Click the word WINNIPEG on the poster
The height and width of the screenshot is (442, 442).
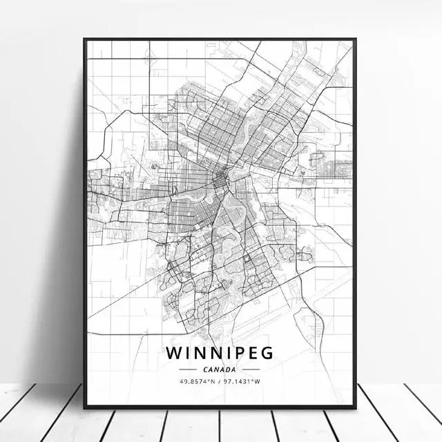pos(220,352)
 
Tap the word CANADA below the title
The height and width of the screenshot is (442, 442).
pos(220,369)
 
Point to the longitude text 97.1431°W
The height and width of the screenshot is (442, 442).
pos(247,382)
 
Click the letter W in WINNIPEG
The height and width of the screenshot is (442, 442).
pos(173,352)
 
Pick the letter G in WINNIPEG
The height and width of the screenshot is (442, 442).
pos(267,352)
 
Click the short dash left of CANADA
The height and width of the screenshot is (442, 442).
pos(189,369)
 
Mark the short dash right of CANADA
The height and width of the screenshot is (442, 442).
pos(251,369)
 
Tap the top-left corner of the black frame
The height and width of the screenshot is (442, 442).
pos(85,39)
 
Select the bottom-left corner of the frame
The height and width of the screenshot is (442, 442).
pos(85,407)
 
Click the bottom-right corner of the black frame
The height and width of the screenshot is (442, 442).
pos(355,407)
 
